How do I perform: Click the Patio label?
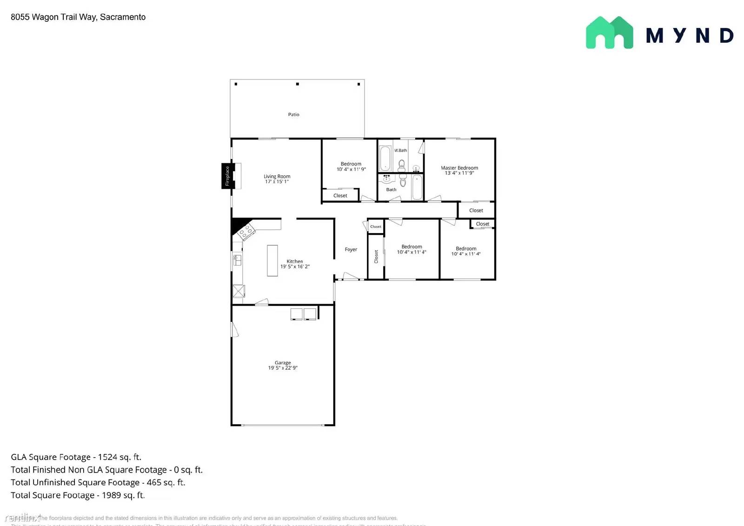tap(293, 114)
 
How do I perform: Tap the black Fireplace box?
tap(227, 176)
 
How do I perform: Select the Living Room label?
tap(277, 176)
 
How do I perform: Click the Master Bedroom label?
tap(459, 168)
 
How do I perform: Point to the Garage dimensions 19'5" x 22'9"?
tap(283, 368)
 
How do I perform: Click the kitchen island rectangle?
tap(272, 260)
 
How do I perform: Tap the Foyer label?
tap(351, 250)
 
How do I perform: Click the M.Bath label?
tap(400, 150)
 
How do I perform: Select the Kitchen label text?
tap(294, 261)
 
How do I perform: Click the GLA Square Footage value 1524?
tap(108, 457)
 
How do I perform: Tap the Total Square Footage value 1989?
tap(112, 495)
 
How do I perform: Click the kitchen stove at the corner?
tap(246, 231)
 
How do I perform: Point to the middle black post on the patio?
tap(298, 84)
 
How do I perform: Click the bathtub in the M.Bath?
tap(385, 159)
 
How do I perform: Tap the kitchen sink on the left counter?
tap(237, 260)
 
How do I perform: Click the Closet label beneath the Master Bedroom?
tap(476, 211)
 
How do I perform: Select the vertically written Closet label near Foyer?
tap(376, 257)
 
